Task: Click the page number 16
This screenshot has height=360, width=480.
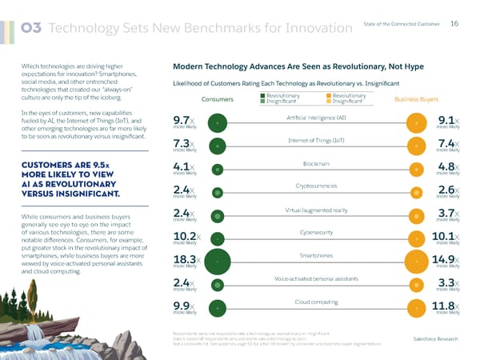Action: tap(454, 23)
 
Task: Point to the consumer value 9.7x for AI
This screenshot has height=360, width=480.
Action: tap(183, 122)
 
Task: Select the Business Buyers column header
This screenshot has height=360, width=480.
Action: tap(417, 100)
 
